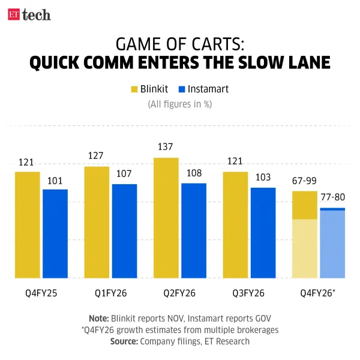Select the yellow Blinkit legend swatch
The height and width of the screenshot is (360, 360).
[134, 89]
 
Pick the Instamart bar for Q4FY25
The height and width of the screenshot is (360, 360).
[55, 234]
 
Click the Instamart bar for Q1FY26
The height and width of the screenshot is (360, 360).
[125, 231]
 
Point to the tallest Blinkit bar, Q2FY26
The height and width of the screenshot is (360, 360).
[166, 218]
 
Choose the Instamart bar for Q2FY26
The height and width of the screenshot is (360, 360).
[194, 230]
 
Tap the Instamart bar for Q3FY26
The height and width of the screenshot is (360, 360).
[263, 233]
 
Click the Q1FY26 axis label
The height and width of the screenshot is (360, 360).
[111, 293]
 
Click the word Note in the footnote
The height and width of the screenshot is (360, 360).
[98, 319]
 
